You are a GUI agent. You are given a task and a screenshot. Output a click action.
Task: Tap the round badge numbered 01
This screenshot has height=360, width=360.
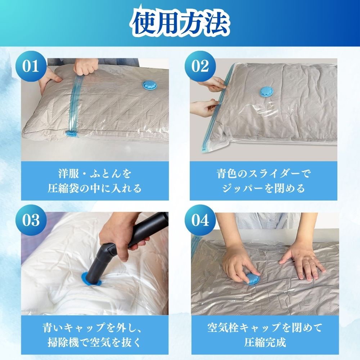click(31, 66)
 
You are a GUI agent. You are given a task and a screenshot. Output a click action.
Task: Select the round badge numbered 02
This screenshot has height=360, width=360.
click(200, 66)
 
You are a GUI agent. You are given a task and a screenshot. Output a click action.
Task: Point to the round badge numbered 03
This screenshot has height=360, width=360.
click(31, 220)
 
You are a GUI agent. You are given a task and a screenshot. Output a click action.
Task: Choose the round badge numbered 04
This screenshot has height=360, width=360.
click(200, 220)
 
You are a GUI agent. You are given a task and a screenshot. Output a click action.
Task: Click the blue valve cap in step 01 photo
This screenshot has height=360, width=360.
click(150, 86)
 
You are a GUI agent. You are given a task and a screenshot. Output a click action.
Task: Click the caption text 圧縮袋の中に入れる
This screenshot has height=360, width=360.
click(94, 189)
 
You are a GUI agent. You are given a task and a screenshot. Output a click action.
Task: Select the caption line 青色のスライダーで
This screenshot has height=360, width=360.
click(264, 174)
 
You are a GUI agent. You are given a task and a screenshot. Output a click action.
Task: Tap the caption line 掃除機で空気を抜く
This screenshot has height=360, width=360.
click(94, 343)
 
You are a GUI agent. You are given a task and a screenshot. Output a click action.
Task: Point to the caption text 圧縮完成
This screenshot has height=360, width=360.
click(265, 343)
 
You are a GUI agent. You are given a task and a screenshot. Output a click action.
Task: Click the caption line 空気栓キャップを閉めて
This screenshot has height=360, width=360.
click(265, 327)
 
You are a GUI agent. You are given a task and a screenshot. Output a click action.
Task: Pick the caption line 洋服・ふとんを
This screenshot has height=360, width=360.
click(94, 174)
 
